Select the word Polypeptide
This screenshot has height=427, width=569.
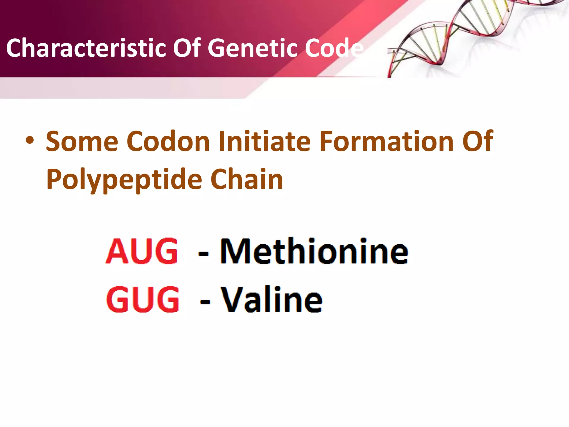[x=124, y=180]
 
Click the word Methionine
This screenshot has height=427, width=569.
[x=314, y=251]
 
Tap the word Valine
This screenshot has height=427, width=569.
[x=271, y=300]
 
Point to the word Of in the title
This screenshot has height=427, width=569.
[x=187, y=48]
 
